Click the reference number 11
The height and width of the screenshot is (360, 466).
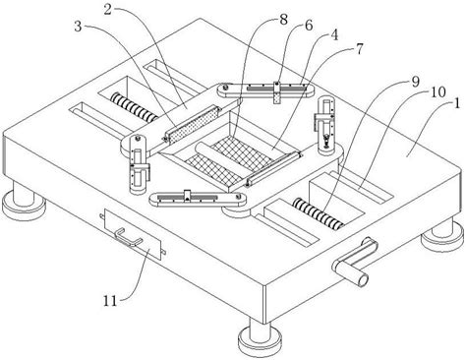(110, 301)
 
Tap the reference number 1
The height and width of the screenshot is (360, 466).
(456, 104)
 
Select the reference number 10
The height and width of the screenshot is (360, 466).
(437, 92)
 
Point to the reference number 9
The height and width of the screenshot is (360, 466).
(416, 82)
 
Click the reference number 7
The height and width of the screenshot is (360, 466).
(360, 49)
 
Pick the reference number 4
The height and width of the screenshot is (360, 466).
(334, 35)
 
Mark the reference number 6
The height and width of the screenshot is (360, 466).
(309, 26)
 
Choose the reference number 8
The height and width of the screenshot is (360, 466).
(283, 20)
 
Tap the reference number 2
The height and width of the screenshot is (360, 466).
(108, 10)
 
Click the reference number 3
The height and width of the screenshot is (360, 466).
(78, 27)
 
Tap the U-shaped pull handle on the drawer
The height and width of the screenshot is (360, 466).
(128, 237)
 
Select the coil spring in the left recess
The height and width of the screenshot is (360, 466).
(134, 107)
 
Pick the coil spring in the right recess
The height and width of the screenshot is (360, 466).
(319, 214)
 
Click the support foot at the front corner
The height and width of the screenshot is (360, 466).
(260, 334)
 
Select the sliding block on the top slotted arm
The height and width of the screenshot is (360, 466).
(277, 92)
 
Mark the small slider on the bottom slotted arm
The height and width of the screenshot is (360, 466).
(188, 195)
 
